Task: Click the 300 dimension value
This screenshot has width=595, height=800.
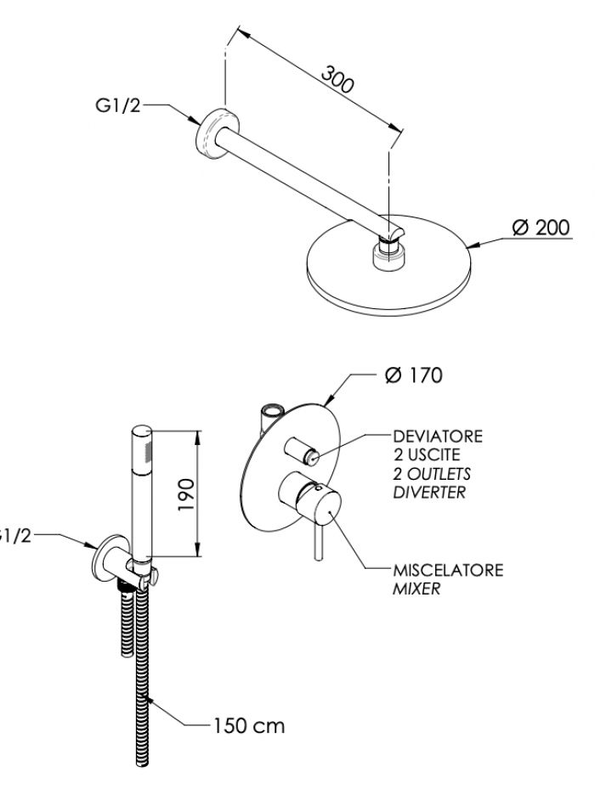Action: tap(337, 80)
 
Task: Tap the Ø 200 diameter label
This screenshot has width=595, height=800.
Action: tap(541, 227)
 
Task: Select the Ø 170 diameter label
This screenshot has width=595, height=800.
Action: tap(414, 375)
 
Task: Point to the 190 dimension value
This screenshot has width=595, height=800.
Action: tap(186, 494)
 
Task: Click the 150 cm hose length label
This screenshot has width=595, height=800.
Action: tap(249, 725)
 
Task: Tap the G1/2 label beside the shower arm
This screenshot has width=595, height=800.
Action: tap(117, 105)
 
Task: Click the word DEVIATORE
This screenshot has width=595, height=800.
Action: tap(438, 437)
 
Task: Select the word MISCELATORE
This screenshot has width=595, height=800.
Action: tap(448, 570)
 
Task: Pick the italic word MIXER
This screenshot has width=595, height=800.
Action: tap(416, 589)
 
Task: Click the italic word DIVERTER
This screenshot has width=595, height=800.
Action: tap(429, 493)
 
